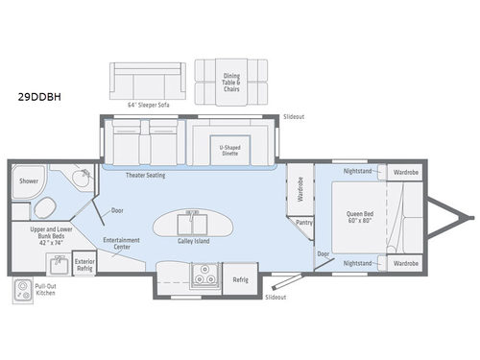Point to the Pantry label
click(306, 222)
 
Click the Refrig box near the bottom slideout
click(241, 279)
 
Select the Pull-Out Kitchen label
click(47, 290)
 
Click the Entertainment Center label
click(122, 244)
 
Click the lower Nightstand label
click(358, 262)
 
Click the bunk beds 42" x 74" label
click(41, 237)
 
